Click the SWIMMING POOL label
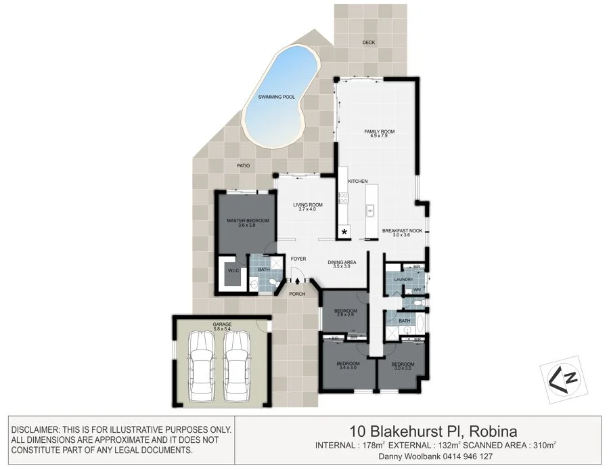pyautogui.click(x=277, y=97)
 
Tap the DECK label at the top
pyautogui.click(x=368, y=42)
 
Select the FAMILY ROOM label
pyautogui.click(x=379, y=131)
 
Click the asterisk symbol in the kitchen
pyautogui.click(x=344, y=232)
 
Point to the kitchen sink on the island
pyautogui.click(x=371, y=211)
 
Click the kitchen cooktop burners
pyautogui.click(x=343, y=199)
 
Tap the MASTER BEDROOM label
pyautogui.click(x=244, y=221)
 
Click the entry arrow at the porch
pyautogui.click(x=297, y=280)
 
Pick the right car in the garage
pyautogui.click(x=238, y=366)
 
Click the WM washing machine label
pyautogui.click(x=417, y=289)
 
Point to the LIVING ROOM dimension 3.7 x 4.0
pyautogui.click(x=307, y=210)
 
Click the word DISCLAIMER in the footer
pyautogui.click(x=35, y=429)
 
